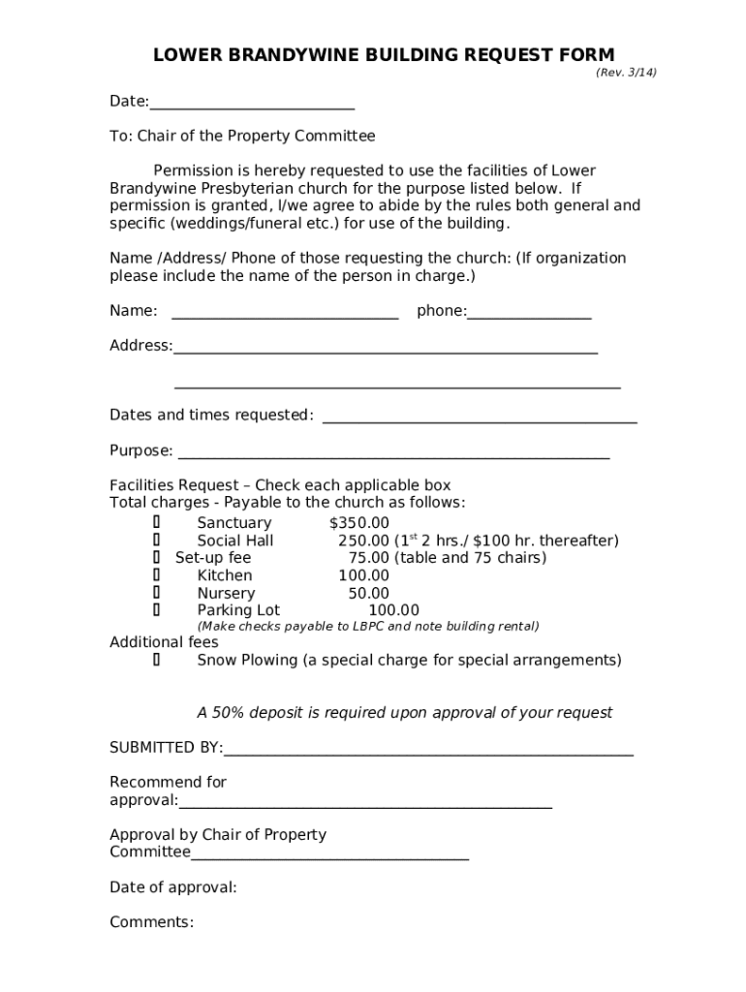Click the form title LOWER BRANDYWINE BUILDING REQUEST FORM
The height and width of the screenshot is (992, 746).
click(x=384, y=55)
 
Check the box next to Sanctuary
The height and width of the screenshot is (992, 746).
click(x=156, y=523)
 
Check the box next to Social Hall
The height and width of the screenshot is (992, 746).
click(x=156, y=541)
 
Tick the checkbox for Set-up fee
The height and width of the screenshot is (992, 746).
click(x=156, y=558)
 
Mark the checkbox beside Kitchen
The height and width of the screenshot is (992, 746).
click(x=156, y=575)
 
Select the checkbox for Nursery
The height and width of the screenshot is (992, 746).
click(x=156, y=593)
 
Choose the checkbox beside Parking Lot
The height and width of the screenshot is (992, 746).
click(x=156, y=610)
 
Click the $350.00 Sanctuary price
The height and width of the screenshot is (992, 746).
click(x=358, y=523)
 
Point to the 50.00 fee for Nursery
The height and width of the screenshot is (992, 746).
click(x=368, y=593)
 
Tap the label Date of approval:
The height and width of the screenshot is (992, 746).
click(x=172, y=887)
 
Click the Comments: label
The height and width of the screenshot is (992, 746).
click(x=151, y=922)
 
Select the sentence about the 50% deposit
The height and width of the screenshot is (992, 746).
click(x=404, y=713)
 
